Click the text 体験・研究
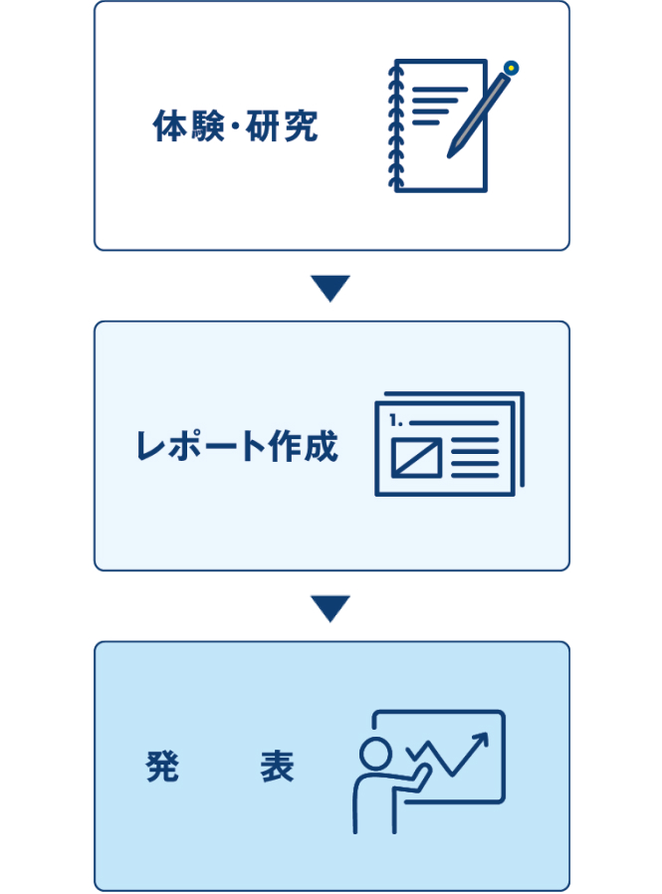point(236,126)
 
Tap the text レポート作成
point(236,447)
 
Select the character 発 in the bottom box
point(161,768)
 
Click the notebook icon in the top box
point(438,126)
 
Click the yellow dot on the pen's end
point(511,68)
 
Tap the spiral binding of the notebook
point(390,126)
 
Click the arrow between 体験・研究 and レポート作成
point(331,289)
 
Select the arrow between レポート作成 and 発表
point(331,608)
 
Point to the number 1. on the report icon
point(400,421)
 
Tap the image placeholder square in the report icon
point(416,457)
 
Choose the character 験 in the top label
point(203,126)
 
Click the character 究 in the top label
point(301,126)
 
